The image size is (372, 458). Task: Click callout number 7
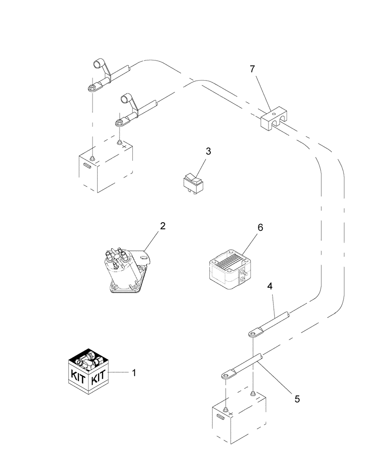pyautogui.click(x=253, y=69)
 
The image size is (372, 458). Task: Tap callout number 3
pyautogui.click(x=208, y=152)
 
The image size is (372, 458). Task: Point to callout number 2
pyautogui.click(x=162, y=226)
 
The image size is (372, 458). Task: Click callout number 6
pyautogui.click(x=261, y=227)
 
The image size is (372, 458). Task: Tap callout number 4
pyautogui.click(x=270, y=288)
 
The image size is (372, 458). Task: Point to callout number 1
pyautogui.click(x=134, y=373)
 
